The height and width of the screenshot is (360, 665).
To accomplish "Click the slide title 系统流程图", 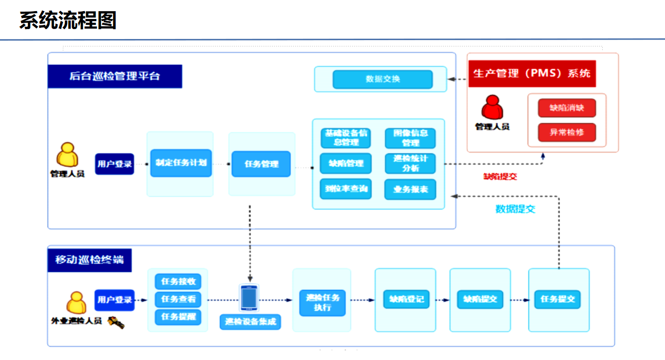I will tap(68, 21).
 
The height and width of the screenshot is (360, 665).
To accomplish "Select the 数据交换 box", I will tap(383, 79).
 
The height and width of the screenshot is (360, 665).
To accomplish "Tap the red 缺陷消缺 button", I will tap(567, 108).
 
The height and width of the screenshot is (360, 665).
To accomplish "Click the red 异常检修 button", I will tap(567, 132).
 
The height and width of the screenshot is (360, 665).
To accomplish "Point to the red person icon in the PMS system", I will tap(492, 108).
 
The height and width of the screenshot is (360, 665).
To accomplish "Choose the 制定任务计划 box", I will tap(180, 163).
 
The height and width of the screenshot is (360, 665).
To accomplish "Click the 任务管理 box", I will tap(261, 164).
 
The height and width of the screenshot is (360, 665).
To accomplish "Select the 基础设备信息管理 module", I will tap(346, 138).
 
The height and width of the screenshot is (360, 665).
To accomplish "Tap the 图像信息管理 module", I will tap(411, 138).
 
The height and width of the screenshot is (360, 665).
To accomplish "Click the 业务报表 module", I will tap(411, 190).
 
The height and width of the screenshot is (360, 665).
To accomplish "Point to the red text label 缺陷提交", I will tap(500, 177).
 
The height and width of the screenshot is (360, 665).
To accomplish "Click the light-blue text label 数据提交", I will tap(515, 209).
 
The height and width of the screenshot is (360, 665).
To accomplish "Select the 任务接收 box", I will tap(178, 281).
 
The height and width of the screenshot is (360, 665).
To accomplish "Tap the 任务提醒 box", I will tap(178, 317).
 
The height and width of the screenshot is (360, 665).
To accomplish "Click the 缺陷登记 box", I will tap(406, 299).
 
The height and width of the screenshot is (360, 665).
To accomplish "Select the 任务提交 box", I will tap(557, 299).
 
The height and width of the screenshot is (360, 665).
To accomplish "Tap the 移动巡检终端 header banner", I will tap(89, 260).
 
